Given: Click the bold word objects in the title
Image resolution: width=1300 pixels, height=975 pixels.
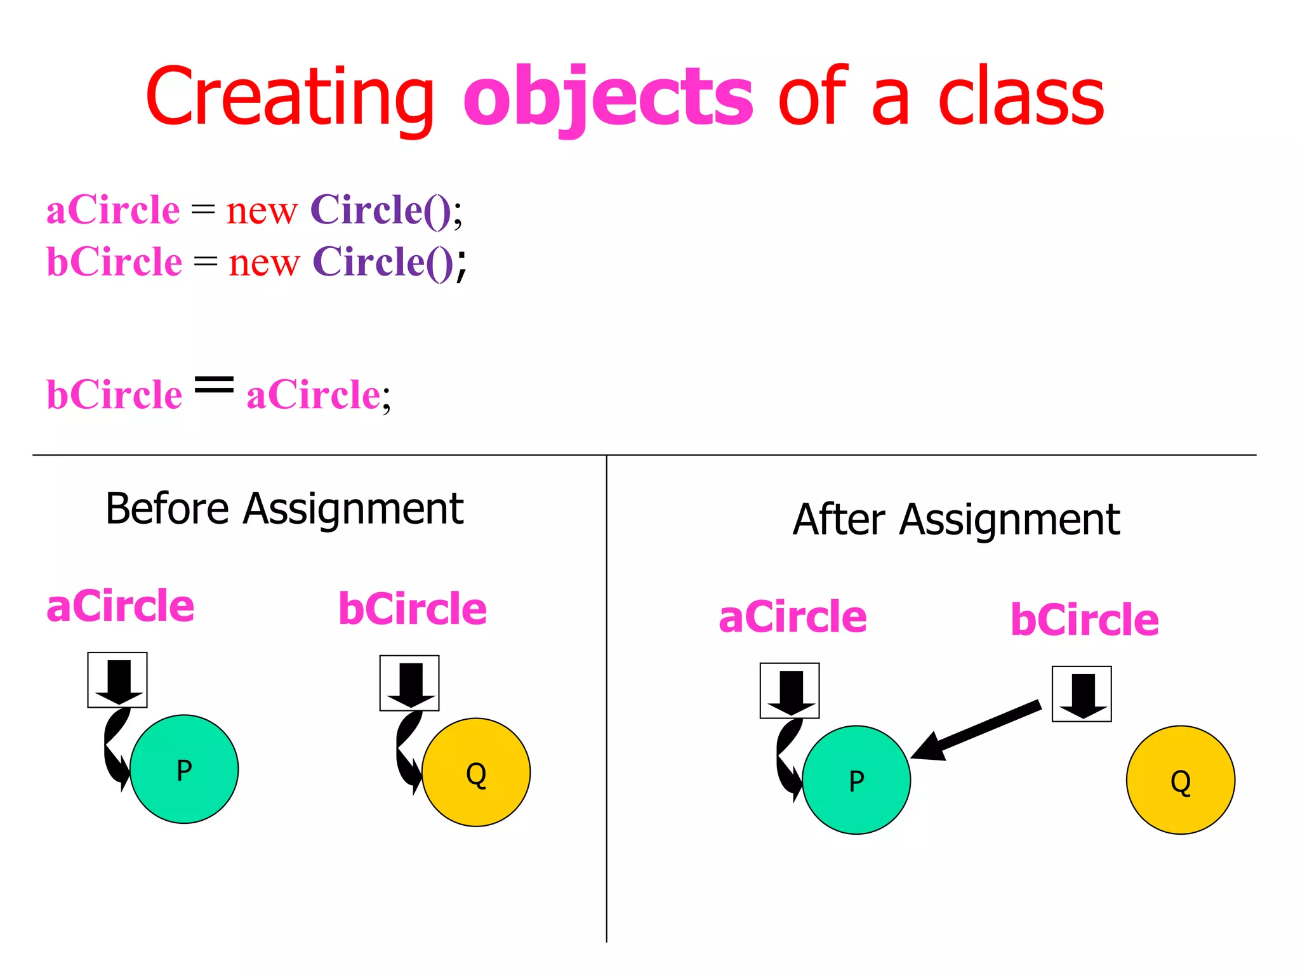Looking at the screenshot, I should click(x=608, y=98).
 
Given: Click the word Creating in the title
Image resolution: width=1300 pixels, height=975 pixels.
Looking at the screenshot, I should click(x=289, y=98).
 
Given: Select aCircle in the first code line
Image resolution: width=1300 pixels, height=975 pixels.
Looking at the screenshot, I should click(x=113, y=210).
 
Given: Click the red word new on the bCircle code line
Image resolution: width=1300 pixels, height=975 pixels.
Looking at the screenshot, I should click(x=263, y=262).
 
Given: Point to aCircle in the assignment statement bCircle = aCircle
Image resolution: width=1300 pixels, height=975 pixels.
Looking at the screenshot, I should click(x=314, y=395).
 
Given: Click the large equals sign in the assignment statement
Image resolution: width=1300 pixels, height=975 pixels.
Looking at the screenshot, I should click(x=214, y=384).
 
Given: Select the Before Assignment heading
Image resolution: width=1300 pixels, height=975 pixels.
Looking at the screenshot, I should click(x=284, y=509).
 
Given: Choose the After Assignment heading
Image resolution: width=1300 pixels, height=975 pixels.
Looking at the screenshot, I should click(x=956, y=520).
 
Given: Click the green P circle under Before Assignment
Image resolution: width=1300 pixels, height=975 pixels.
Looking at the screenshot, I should click(x=184, y=769).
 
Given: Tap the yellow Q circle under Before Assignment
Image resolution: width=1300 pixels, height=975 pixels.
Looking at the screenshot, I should click(x=476, y=773).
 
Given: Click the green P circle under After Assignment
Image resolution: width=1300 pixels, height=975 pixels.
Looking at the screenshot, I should click(x=856, y=780).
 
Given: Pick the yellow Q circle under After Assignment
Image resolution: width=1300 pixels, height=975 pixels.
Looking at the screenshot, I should click(x=1181, y=780).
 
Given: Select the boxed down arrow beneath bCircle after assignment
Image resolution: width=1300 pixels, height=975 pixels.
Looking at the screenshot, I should click(x=1082, y=694).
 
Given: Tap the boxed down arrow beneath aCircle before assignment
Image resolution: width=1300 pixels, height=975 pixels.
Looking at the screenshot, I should click(x=117, y=680).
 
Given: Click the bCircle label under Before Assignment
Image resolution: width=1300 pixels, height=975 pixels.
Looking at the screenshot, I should click(x=413, y=609).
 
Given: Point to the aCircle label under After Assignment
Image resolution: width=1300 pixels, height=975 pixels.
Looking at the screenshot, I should click(x=792, y=617).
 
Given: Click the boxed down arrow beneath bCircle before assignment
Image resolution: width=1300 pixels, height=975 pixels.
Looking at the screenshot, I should click(x=409, y=683).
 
